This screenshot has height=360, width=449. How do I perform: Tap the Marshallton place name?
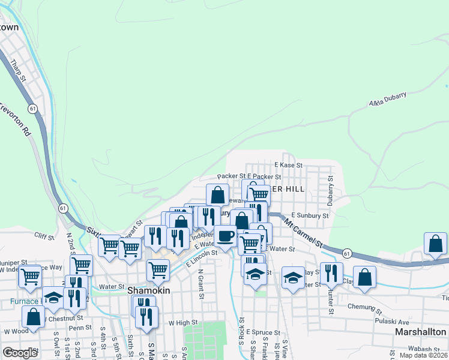(x=420, y=332)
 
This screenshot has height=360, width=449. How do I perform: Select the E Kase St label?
(x=288, y=164)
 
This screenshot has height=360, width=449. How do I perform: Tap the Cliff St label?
(x=44, y=236)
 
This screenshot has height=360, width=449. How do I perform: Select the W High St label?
(x=183, y=323)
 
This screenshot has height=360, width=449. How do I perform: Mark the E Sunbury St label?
(x=310, y=215)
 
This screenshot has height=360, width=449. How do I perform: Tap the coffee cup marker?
(x=225, y=236)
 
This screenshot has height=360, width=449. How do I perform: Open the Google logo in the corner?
(x=20, y=352)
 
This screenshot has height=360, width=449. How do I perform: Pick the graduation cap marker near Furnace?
(x=53, y=298)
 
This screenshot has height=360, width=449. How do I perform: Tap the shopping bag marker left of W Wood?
(x=34, y=316)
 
